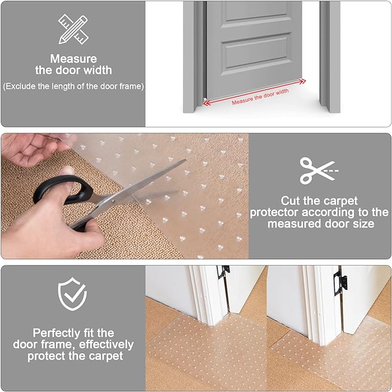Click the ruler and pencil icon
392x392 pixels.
[73, 28]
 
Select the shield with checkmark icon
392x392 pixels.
[73, 294]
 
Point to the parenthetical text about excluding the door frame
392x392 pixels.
[73, 86]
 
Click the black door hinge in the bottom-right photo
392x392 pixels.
[342, 282]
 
